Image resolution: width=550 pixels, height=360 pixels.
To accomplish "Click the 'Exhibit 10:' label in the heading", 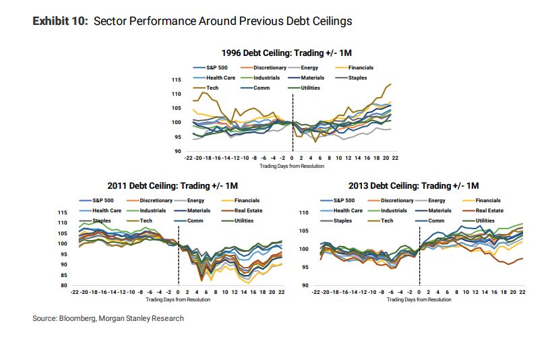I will click(60, 22).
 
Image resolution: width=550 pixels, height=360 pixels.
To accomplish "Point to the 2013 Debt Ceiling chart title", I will click(414, 185).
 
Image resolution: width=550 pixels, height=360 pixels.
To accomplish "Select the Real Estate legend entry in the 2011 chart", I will click(247, 210).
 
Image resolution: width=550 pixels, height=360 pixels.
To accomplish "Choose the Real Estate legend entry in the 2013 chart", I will click(489, 210).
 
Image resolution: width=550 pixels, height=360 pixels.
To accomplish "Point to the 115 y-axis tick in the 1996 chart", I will click(177, 80).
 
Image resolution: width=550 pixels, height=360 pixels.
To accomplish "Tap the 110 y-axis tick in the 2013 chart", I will click(303, 213).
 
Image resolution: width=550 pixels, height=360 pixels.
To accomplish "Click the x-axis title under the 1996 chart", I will click(292, 165).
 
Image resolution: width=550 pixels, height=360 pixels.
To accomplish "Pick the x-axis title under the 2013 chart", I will click(419, 299).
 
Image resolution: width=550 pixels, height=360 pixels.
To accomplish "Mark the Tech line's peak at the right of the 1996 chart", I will click(390, 84).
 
